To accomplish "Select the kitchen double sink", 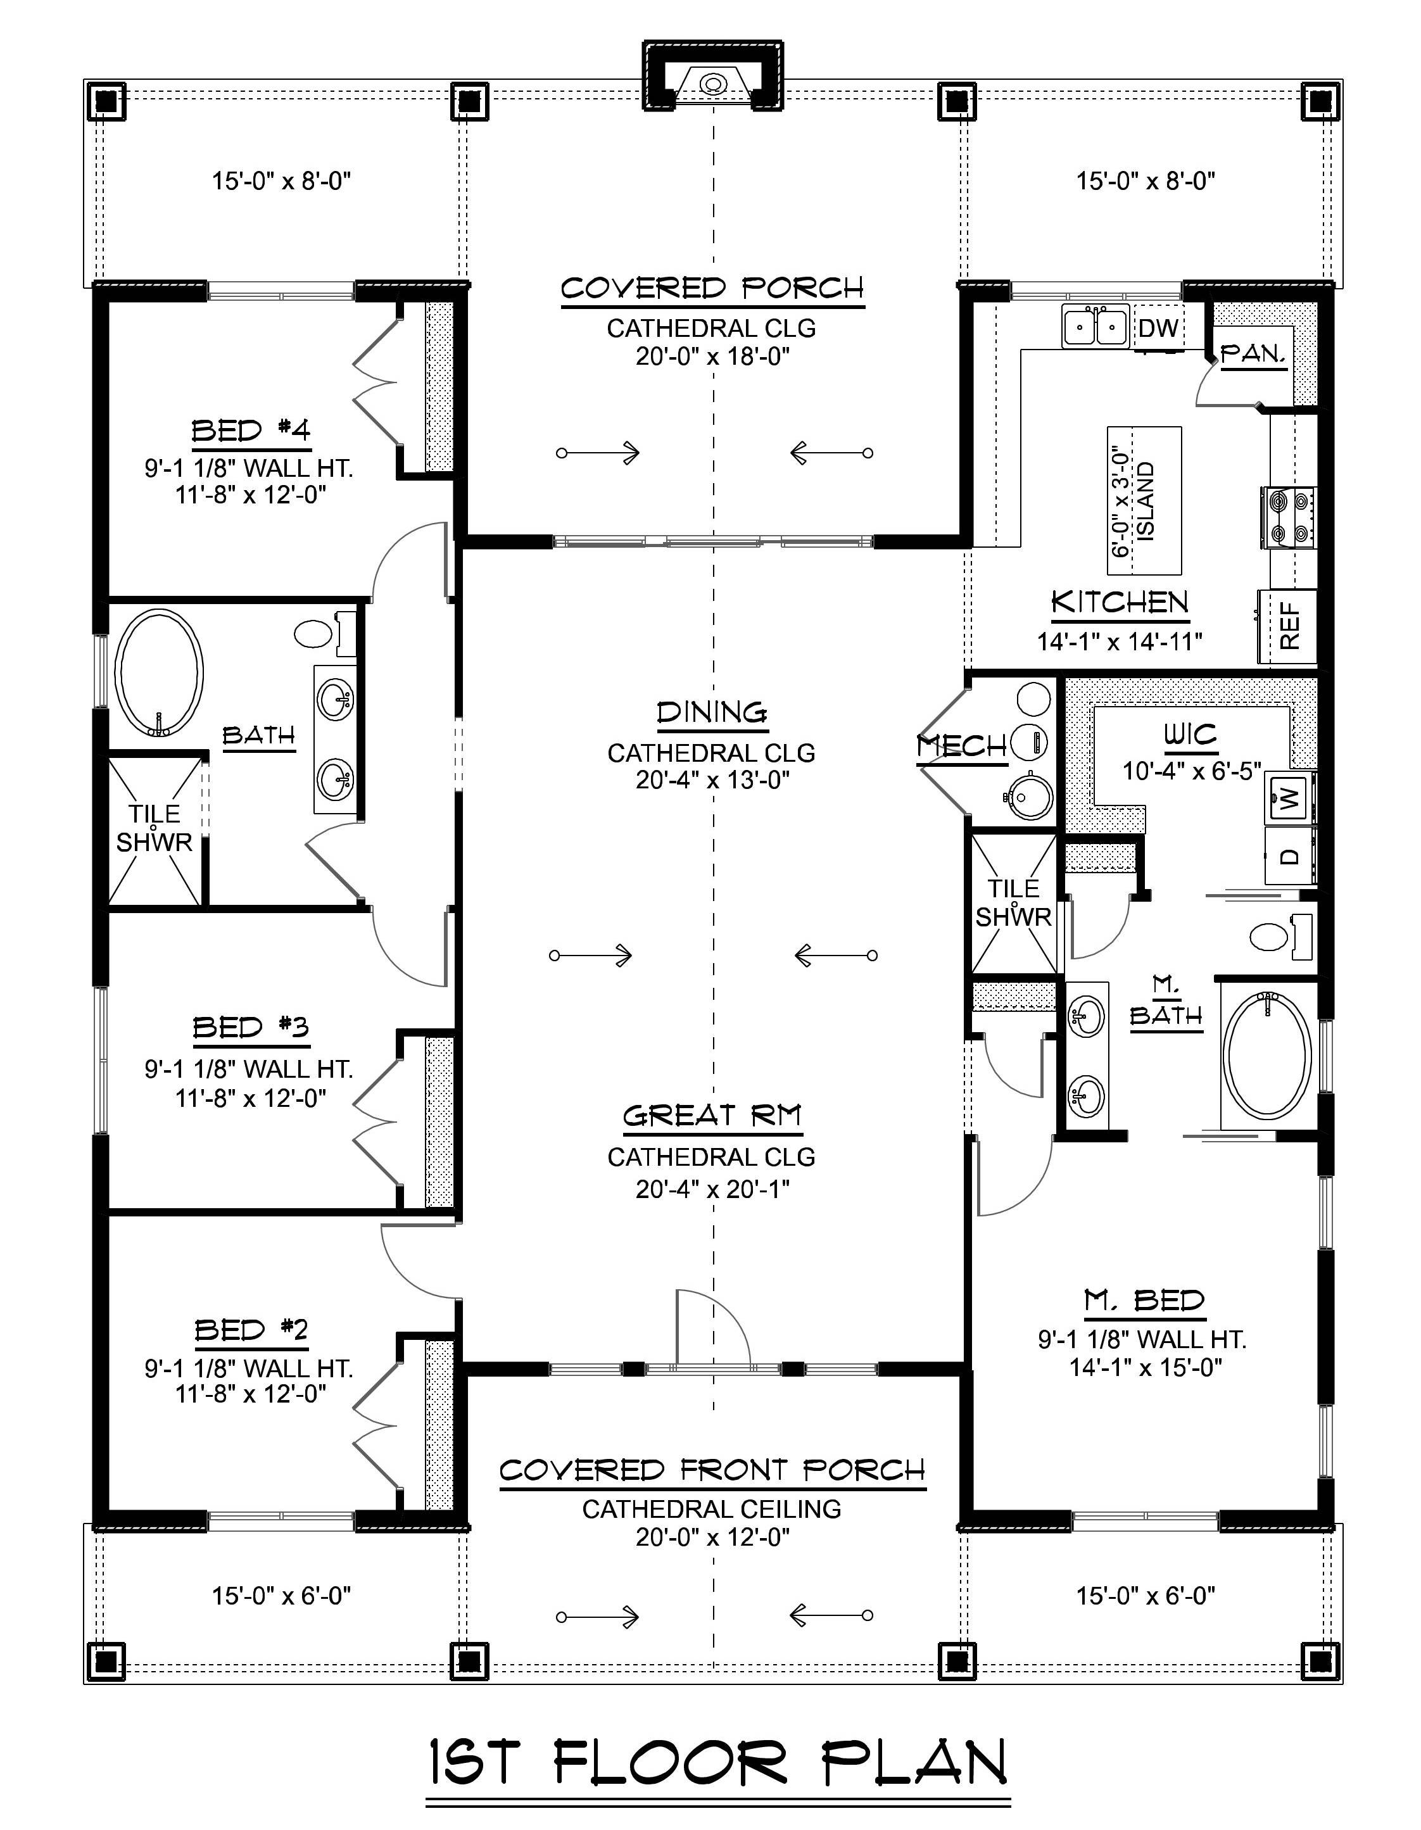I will click(1094, 326).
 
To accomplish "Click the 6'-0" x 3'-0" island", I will click(1144, 500).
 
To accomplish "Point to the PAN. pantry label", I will click(1253, 355).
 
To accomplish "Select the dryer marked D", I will click(1289, 856).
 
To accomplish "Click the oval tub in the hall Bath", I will click(158, 672).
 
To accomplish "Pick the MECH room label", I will click(961, 745).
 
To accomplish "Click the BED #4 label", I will click(251, 431).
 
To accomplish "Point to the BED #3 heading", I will click(251, 1026).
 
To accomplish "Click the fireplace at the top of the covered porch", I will click(713, 84).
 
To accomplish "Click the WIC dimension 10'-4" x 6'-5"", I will click(1190, 770).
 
